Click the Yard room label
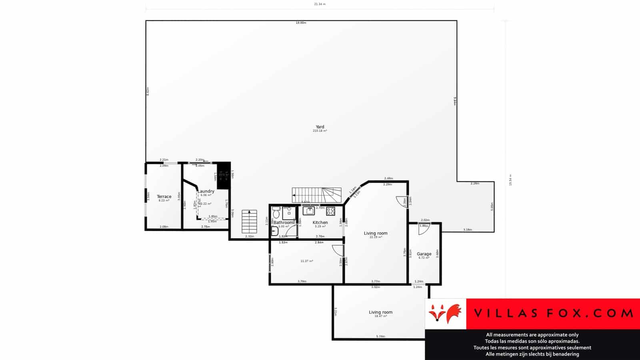click(320, 127)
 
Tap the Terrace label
click(164, 196)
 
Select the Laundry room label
click(206, 191)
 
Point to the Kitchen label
click(320, 222)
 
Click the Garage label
click(424, 254)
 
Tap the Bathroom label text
click(283, 222)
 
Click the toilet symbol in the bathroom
click(276, 213)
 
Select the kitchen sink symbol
click(308, 211)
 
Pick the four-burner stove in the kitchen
click(330, 211)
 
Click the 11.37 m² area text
click(307, 261)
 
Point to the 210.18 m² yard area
click(320, 131)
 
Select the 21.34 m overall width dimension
click(320, 4)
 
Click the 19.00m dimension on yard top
click(301, 23)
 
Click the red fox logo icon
click(445, 313)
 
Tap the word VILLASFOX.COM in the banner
click(553, 313)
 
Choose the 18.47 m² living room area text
click(380, 316)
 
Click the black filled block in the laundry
click(224, 176)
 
